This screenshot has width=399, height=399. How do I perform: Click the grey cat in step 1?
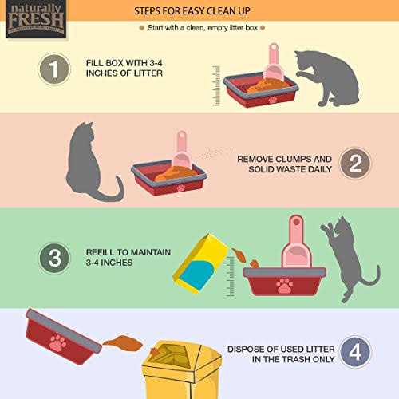tap(324, 78)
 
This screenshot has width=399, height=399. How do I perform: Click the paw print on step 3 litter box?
tap(283, 285)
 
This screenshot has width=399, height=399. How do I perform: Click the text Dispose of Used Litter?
tap(275, 347)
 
